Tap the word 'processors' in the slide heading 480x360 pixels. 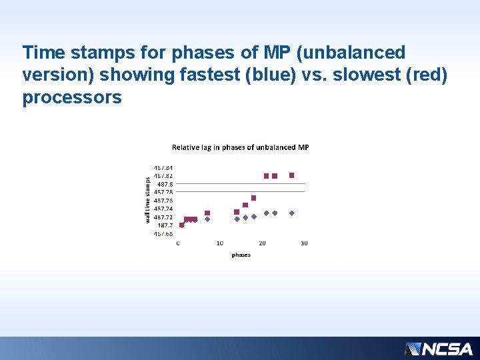(x=72, y=97)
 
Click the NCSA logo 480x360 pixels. (x=438, y=349)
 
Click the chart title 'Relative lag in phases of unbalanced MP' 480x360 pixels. (x=241, y=147)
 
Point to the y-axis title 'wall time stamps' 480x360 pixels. (x=148, y=199)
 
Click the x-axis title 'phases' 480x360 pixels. (x=241, y=255)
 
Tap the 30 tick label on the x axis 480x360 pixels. (x=304, y=243)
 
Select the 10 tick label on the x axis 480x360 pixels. (x=219, y=243)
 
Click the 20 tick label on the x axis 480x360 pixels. (x=262, y=243)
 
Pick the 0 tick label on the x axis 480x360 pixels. (x=177, y=243)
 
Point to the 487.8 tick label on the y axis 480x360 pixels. (x=165, y=184)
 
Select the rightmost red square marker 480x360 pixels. (x=291, y=175)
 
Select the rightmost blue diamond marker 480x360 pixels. (x=291, y=213)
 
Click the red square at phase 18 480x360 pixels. (x=253, y=198)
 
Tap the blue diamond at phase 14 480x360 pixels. (x=237, y=219)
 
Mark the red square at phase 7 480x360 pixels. (x=207, y=213)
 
